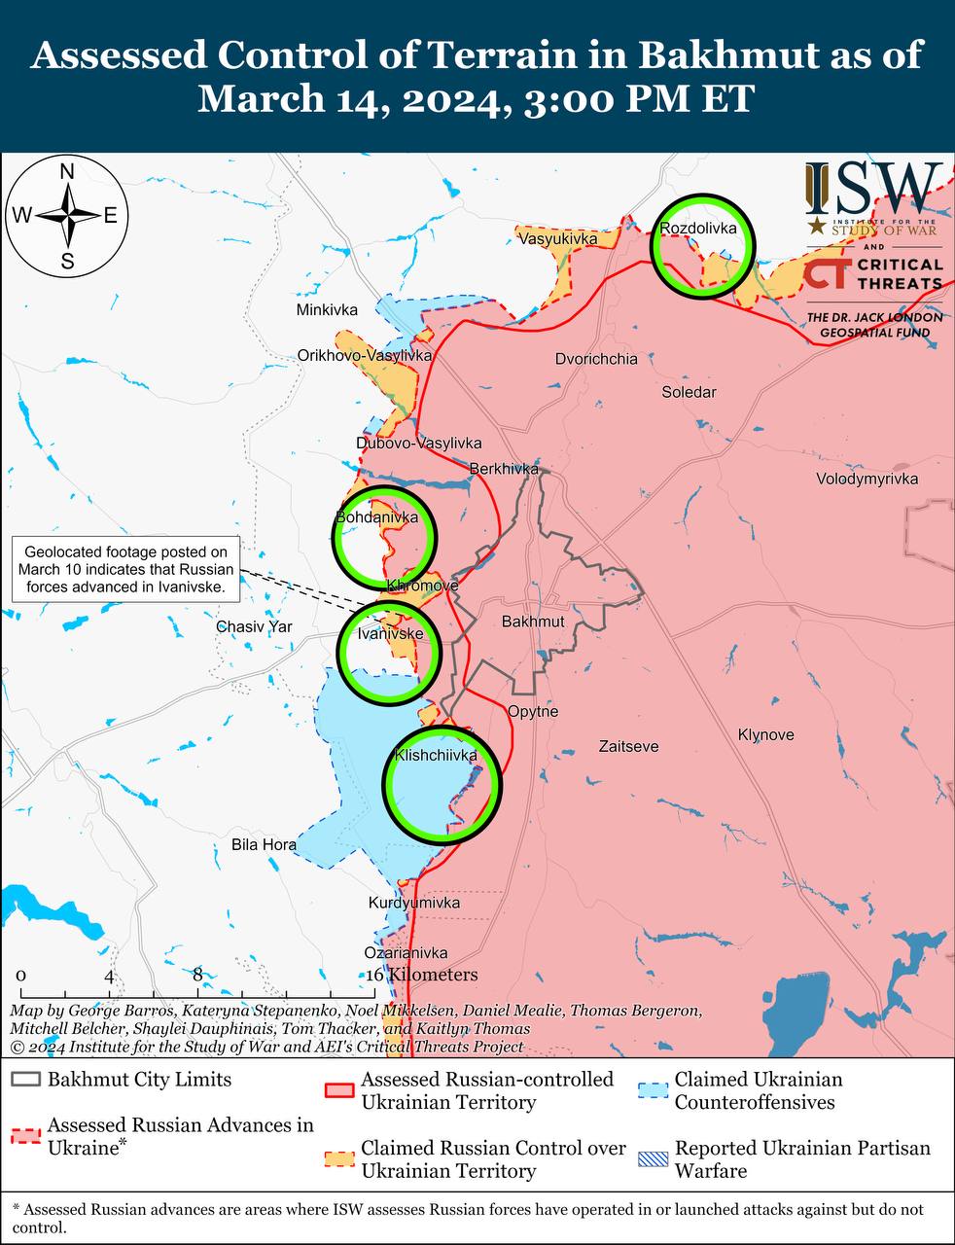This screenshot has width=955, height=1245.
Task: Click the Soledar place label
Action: [689, 392]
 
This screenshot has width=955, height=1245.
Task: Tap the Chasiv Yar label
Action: [254, 626]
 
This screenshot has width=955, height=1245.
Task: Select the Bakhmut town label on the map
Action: [533, 622]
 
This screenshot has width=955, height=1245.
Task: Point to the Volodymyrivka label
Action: [867, 479]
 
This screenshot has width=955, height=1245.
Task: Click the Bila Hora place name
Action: [264, 844]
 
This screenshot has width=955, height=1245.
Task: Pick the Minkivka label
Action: [327, 310]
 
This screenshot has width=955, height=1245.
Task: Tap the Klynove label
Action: [765, 734]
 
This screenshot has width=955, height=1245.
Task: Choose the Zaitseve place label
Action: [628, 746]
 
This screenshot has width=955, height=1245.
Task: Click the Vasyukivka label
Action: [557, 238]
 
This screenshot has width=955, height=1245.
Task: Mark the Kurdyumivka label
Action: [414, 903]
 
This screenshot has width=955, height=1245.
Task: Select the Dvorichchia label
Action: [596, 359]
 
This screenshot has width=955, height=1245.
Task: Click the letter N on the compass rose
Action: [67, 172]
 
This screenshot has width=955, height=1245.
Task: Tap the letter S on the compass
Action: [67, 260]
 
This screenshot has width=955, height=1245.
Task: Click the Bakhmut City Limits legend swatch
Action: [26, 1080]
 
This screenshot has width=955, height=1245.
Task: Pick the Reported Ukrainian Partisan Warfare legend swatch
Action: [653, 1159]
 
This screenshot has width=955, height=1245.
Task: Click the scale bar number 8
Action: [197, 975]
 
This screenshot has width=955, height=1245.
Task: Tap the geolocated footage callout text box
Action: [125, 569]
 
